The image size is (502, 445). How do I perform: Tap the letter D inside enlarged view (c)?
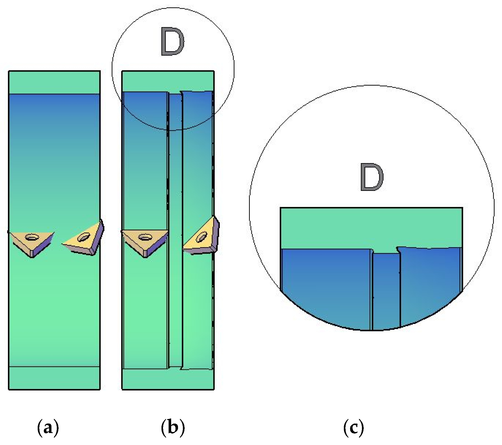(372, 178)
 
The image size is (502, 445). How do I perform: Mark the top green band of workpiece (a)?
(54, 83)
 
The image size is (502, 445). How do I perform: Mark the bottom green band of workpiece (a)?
(54, 378)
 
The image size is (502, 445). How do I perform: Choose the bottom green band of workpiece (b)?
(168, 379)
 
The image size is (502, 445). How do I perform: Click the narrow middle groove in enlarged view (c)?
(386, 291)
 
